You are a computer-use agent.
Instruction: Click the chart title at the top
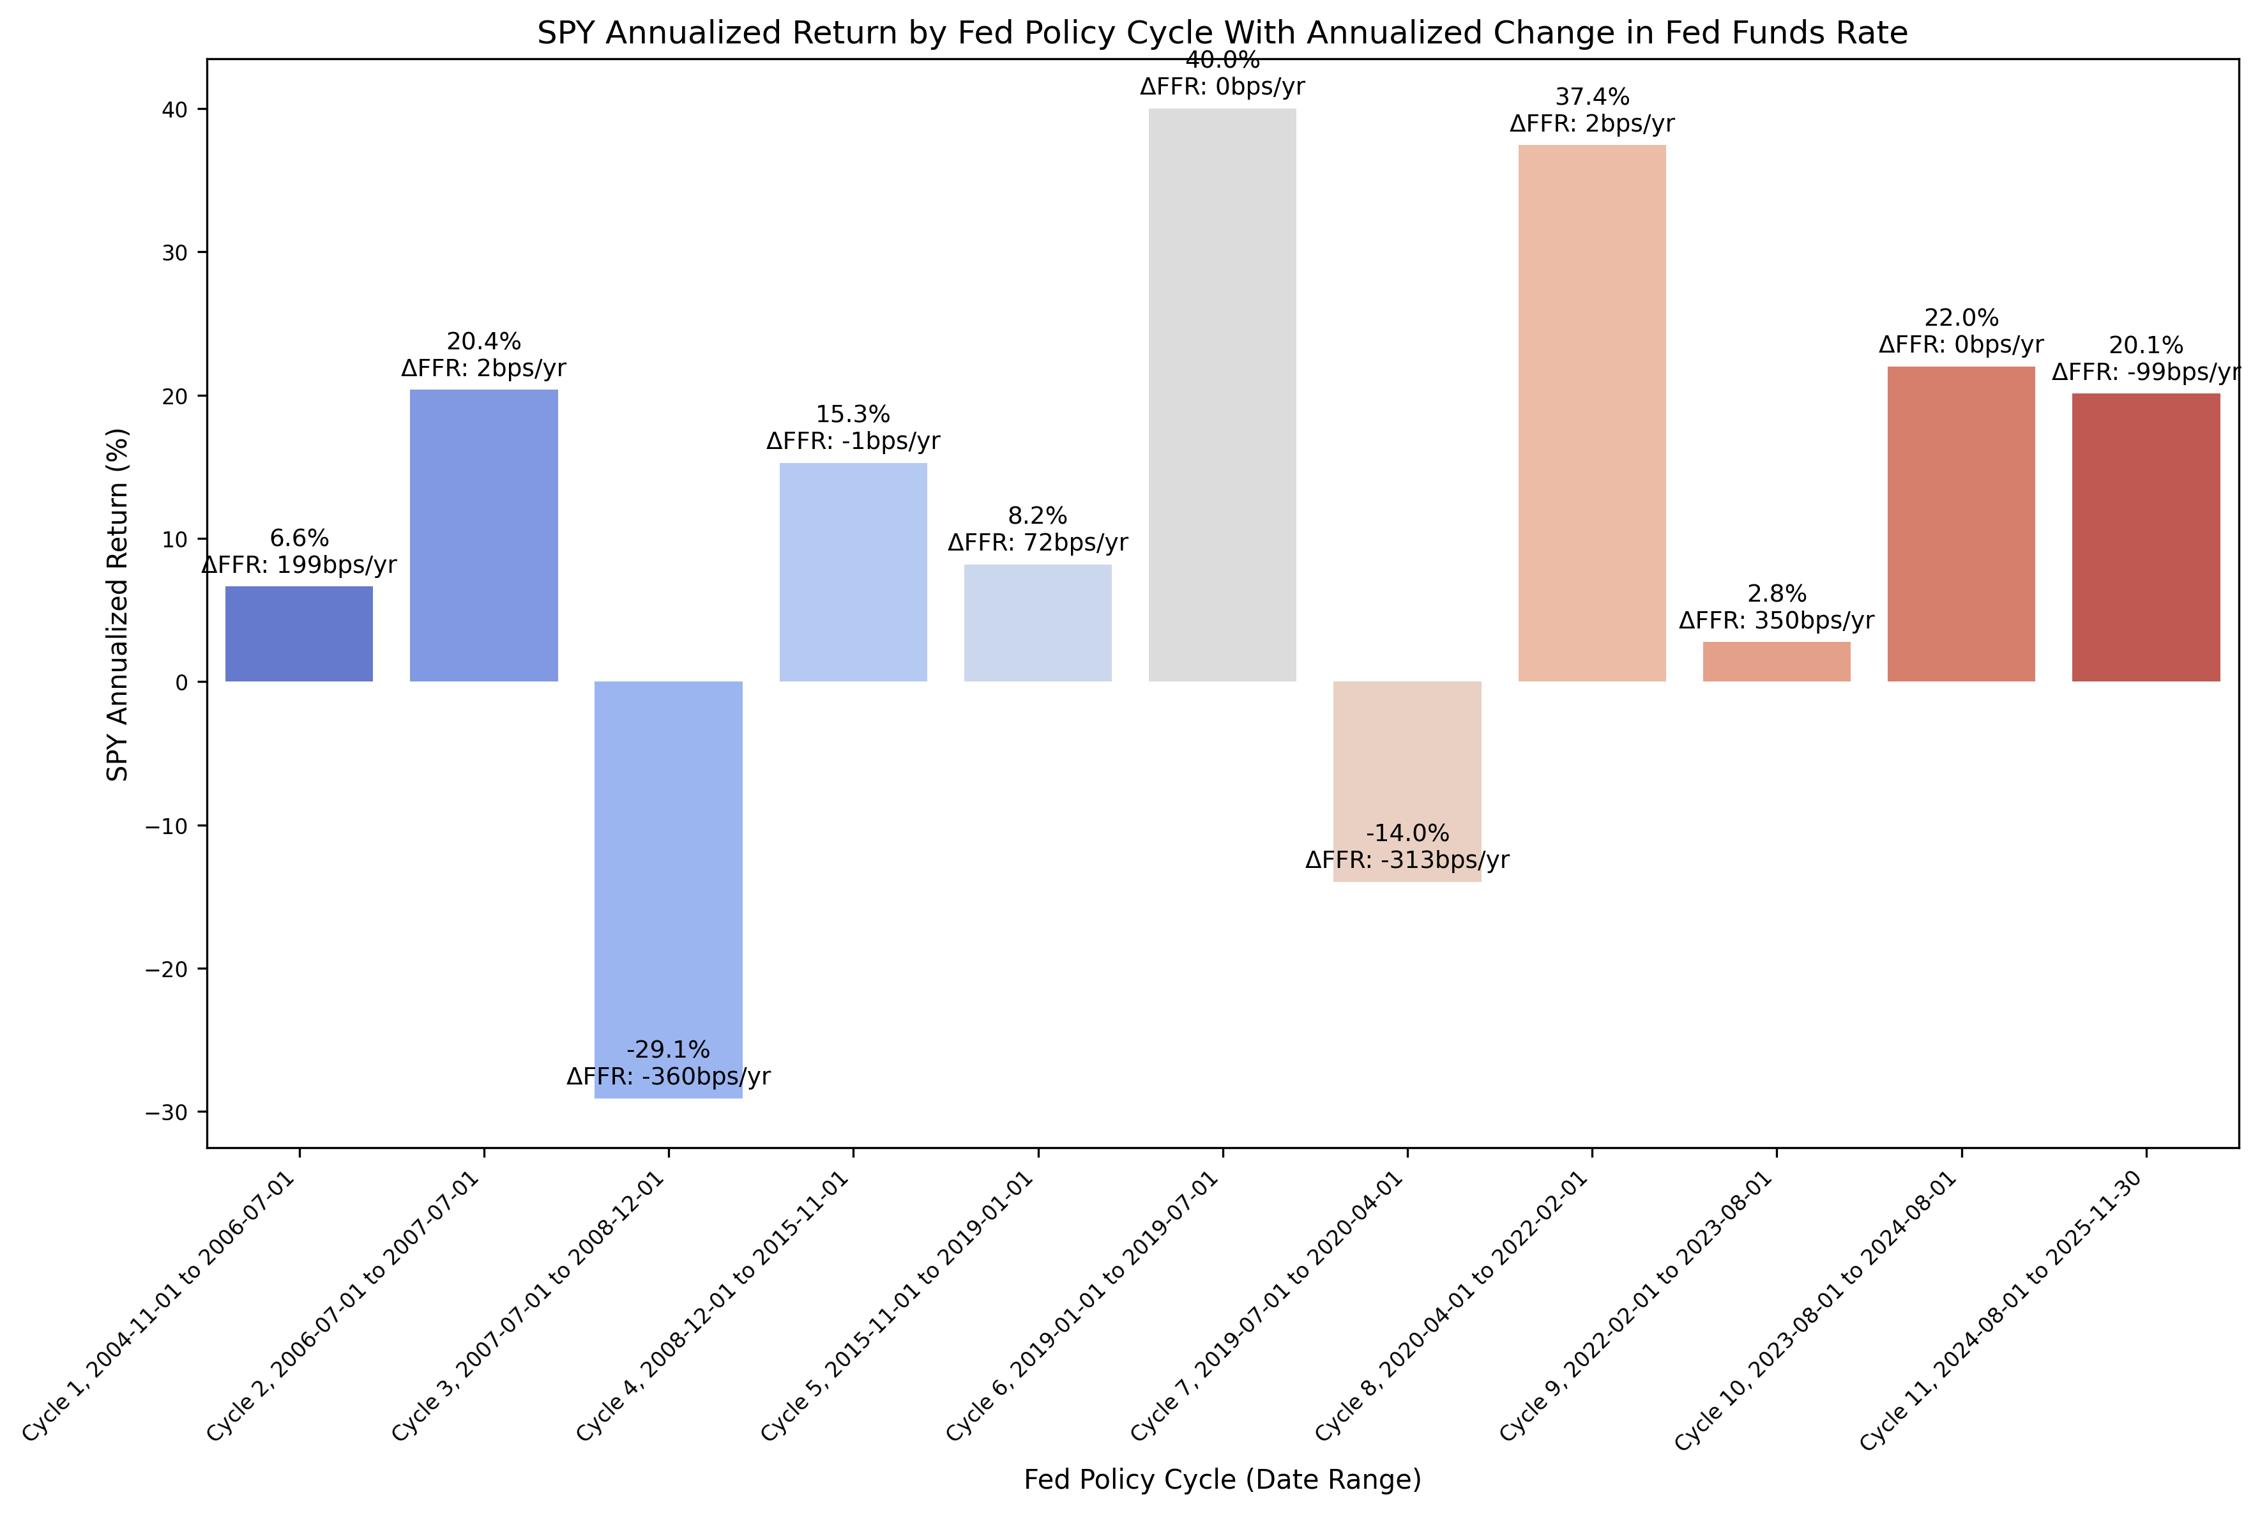click(x=1222, y=33)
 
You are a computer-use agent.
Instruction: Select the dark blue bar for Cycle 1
click(x=299, y=634)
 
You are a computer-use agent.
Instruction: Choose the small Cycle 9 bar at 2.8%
click(x=1776, y=662)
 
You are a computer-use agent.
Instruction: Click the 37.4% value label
click(x=1591, y=98)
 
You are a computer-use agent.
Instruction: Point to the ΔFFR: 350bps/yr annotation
click(x=1776, y=620)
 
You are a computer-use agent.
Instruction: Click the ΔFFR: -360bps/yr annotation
click(x=669, y=1077)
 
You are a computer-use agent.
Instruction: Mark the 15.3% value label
click(x=853, y=415)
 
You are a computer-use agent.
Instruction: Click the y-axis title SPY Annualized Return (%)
click(x=118, y=604)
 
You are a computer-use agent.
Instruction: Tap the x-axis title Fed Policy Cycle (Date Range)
click(x=1222, y=1479)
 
